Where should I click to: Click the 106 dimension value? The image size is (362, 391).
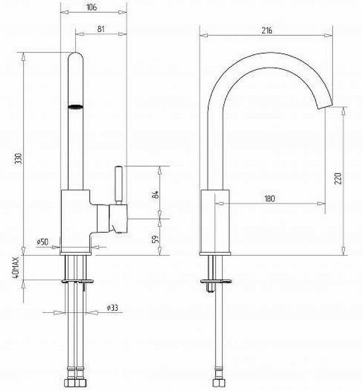tap(92, 7)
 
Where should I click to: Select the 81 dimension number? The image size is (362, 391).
tap(101, 29)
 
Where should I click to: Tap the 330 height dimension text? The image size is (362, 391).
tap(19, 158)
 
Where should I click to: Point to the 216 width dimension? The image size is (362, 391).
tap(267, 30)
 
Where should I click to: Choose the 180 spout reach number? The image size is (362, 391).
tap(269, 198)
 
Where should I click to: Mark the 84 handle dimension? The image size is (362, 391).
tap(155, 195)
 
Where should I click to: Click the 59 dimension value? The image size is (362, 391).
tap(155, 239)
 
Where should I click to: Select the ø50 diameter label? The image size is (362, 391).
tap(43, 241)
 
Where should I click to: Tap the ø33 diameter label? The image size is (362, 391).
tap(112, 308)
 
